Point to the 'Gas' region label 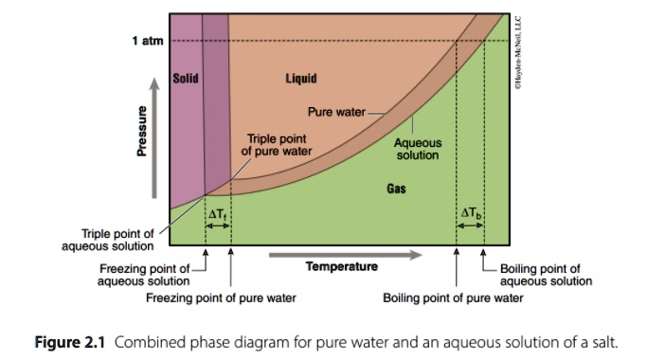coord(396,189)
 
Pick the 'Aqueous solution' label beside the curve coord(418,149)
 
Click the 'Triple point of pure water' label coord(274,144)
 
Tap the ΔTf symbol coord(217,214)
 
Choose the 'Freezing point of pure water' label coord(221,297)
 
